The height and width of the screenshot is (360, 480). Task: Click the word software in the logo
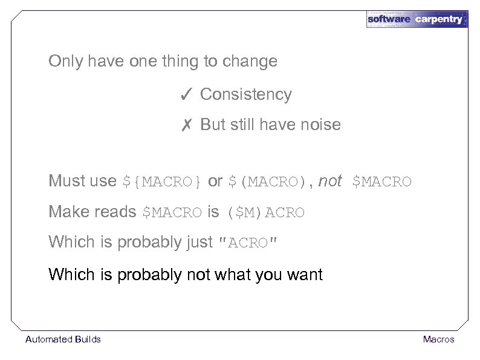(x=389, y=19)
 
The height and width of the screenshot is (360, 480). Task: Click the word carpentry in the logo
(x=438, y=19)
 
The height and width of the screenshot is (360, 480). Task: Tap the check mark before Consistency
(x=186, y=94)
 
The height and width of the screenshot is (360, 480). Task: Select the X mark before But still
(x=186, y=125)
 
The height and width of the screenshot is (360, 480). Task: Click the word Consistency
(x=245, y=94)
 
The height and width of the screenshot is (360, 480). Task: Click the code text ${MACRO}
(x=163, y=182)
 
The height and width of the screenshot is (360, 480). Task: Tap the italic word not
(x=329, y=181)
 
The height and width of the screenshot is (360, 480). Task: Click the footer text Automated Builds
(x=63, y=339)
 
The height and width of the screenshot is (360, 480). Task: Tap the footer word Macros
(x=439, y=339)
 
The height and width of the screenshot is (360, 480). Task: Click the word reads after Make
(x=115, y=212)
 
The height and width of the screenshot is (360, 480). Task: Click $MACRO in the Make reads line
(x=172, y=213)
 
